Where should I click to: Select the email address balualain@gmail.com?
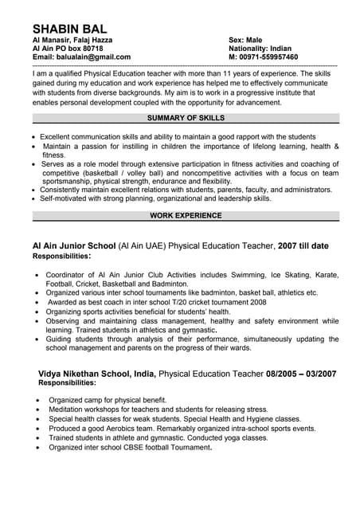coord(93,57)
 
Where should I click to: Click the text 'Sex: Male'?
coord(245,40)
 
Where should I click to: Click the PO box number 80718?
coord(89,49)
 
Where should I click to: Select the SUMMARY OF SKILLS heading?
coord(186,118)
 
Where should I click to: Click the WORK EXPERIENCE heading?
coord(186,215)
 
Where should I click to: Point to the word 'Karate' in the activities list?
coord(327,274)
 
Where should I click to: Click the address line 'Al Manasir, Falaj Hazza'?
coord(72,40)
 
